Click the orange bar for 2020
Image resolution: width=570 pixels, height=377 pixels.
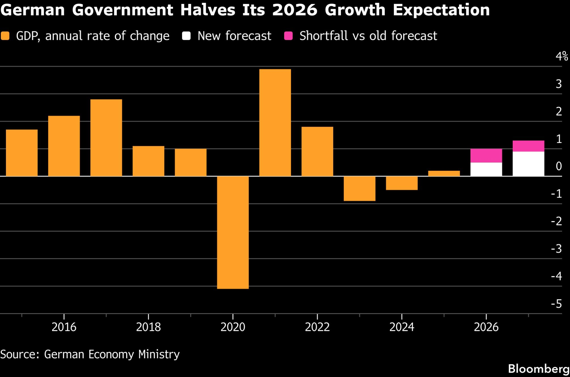point(233,232)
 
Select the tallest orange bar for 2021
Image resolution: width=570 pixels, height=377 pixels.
point(275,123)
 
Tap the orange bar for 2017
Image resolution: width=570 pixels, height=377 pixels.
point(106,138)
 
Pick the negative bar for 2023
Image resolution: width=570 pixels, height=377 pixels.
point(359,188)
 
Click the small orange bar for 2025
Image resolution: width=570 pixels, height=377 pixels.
point(444,173)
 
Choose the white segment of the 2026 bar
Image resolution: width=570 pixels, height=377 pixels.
point(486,169)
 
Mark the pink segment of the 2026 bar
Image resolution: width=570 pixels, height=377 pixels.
point(486,156)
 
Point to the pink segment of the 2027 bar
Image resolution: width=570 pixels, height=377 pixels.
point(528,146)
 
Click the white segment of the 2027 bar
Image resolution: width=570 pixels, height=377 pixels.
point(528,164)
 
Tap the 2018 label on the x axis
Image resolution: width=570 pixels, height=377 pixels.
point(148,327)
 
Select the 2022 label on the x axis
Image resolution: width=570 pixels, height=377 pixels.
point(317,327)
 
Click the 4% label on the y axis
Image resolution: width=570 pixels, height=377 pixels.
point(561,56)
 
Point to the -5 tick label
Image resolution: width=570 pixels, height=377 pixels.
point(556,304)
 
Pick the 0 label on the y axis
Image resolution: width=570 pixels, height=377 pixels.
point(559,166)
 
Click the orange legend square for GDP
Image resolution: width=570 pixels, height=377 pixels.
point(5,36)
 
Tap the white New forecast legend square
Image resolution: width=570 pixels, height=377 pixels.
point(186,36)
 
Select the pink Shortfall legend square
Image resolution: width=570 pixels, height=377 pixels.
point(288,36)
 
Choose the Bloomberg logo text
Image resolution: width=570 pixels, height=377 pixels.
point(539,369)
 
